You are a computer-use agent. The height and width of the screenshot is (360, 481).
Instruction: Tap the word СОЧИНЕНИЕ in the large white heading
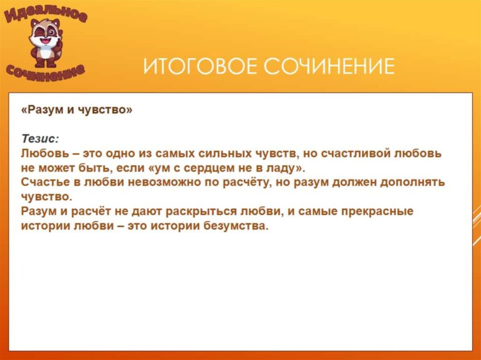[x=328, y=66]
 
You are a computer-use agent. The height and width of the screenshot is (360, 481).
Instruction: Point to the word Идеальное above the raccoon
[x=46, y=14]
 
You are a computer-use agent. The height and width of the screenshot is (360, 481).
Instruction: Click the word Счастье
[x=43, y=182]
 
